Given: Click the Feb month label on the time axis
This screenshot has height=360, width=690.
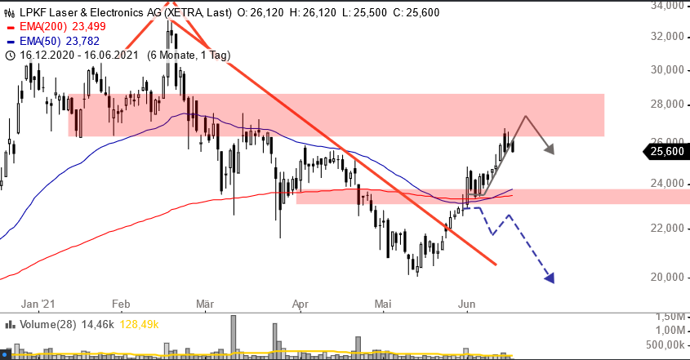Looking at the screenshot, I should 122,304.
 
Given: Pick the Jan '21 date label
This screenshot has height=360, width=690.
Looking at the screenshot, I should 36,304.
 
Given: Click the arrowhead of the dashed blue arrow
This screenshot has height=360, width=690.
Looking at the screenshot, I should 550,278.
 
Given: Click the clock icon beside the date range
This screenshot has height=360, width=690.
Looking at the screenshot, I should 10,56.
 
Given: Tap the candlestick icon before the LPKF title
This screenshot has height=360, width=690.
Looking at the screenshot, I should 9,11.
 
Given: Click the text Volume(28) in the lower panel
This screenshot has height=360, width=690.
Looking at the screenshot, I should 46,324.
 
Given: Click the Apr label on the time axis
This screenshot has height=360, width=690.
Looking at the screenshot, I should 301,304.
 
